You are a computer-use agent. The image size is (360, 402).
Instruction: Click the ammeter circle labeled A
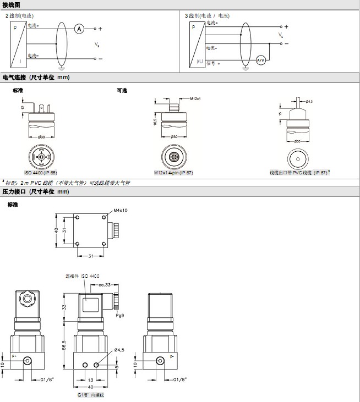[79, 29]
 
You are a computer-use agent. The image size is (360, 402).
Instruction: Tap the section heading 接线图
[12, 4]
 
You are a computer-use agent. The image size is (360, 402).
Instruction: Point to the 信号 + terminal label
[214, 64]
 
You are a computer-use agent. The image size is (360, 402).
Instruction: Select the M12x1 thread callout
[195, 99]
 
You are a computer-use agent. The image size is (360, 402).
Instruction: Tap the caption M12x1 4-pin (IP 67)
[174, 173]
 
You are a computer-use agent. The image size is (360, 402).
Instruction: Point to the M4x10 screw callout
[121, 210]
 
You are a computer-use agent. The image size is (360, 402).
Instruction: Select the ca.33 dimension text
[105, 285]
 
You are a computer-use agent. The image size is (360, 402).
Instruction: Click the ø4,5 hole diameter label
[119, 350]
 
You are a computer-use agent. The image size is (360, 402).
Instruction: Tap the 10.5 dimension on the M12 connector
[156, 120]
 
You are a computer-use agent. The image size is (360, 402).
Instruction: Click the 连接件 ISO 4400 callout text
[83, 276]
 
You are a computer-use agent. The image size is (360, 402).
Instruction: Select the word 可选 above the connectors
[122, 90]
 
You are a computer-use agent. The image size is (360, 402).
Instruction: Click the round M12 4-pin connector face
[174, 156]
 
